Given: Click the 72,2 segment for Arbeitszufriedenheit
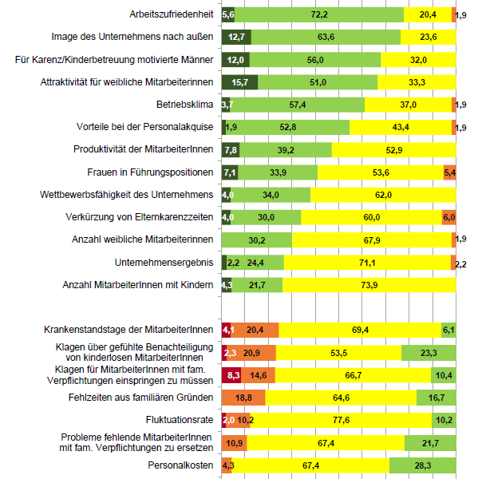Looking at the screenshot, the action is [x=319, y=14].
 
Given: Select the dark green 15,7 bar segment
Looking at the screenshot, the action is [x=239, y=82].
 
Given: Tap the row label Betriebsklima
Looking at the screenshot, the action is [x=184, y=105].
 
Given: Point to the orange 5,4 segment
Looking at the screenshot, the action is [x=449, y=172].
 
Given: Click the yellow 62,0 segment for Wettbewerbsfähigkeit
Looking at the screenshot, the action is [x=383, y=195].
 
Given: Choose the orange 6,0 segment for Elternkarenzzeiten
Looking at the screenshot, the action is [x=449, y=217].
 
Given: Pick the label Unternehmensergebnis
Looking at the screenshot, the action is [x=164, y=263].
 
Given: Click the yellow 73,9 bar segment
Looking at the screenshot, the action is [x=369, y=285].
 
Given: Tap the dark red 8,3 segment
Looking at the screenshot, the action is [x=231, y=375].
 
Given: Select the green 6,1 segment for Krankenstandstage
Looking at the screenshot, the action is [x=448, y=330].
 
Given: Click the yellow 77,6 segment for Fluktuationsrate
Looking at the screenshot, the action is [x=341, y=420].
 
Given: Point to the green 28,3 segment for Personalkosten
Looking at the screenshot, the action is [x=423, y=465].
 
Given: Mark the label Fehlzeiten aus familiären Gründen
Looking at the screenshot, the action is [x=140, y=398].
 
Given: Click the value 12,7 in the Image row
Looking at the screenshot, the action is [x=236, y=37].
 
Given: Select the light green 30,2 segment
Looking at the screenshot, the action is [x=257, y=239].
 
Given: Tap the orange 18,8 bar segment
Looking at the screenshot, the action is [x=243, y=398].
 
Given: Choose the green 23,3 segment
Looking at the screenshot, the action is [x=429, y=353].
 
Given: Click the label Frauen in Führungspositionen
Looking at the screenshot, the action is [x=150, y=172].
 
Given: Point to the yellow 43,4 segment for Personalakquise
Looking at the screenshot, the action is [x=401, y=127].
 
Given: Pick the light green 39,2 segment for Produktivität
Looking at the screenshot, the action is [x=286, y=150].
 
